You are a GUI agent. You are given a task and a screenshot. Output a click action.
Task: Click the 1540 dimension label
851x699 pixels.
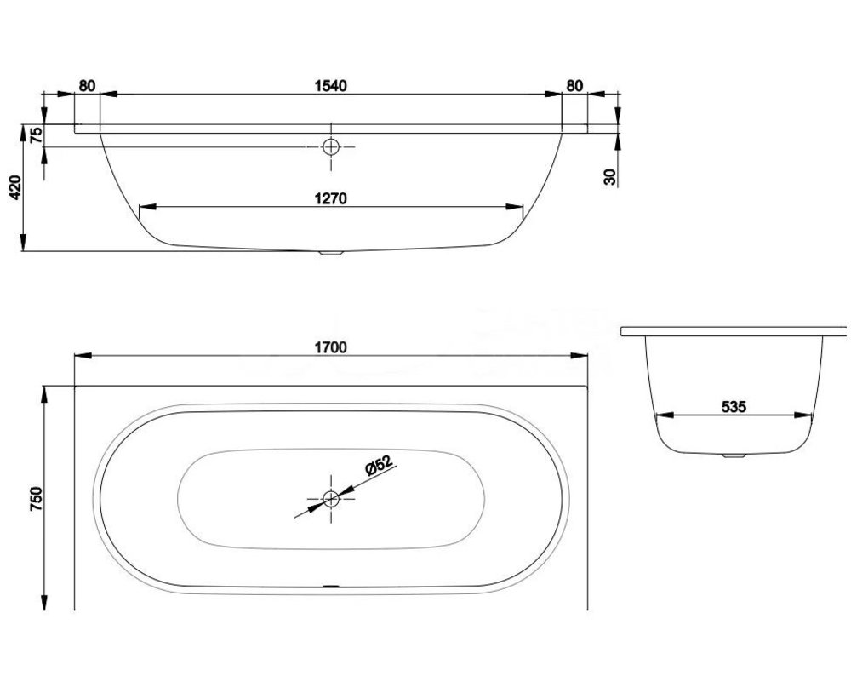[x=330, y=86]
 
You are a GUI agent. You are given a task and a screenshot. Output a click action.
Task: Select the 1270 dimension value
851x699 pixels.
[x=330, y=198]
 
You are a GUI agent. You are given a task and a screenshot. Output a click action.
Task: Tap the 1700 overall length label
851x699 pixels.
[x=330, y=347]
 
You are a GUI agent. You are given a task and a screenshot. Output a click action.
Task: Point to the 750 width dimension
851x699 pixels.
[x=36, y=498]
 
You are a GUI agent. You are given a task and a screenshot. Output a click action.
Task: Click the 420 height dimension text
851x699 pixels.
[x=15, y=187]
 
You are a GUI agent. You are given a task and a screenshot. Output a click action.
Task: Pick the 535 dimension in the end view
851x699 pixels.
[x=734, y=406]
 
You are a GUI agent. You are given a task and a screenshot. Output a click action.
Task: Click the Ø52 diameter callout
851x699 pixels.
[x=379, y=466]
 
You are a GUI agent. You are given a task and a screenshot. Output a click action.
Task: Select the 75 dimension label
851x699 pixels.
[x=36, y=135]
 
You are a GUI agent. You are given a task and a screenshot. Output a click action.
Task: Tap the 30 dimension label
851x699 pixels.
[x=610, y=177]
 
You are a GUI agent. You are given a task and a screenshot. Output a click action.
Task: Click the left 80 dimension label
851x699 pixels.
[x=87, y=86]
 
